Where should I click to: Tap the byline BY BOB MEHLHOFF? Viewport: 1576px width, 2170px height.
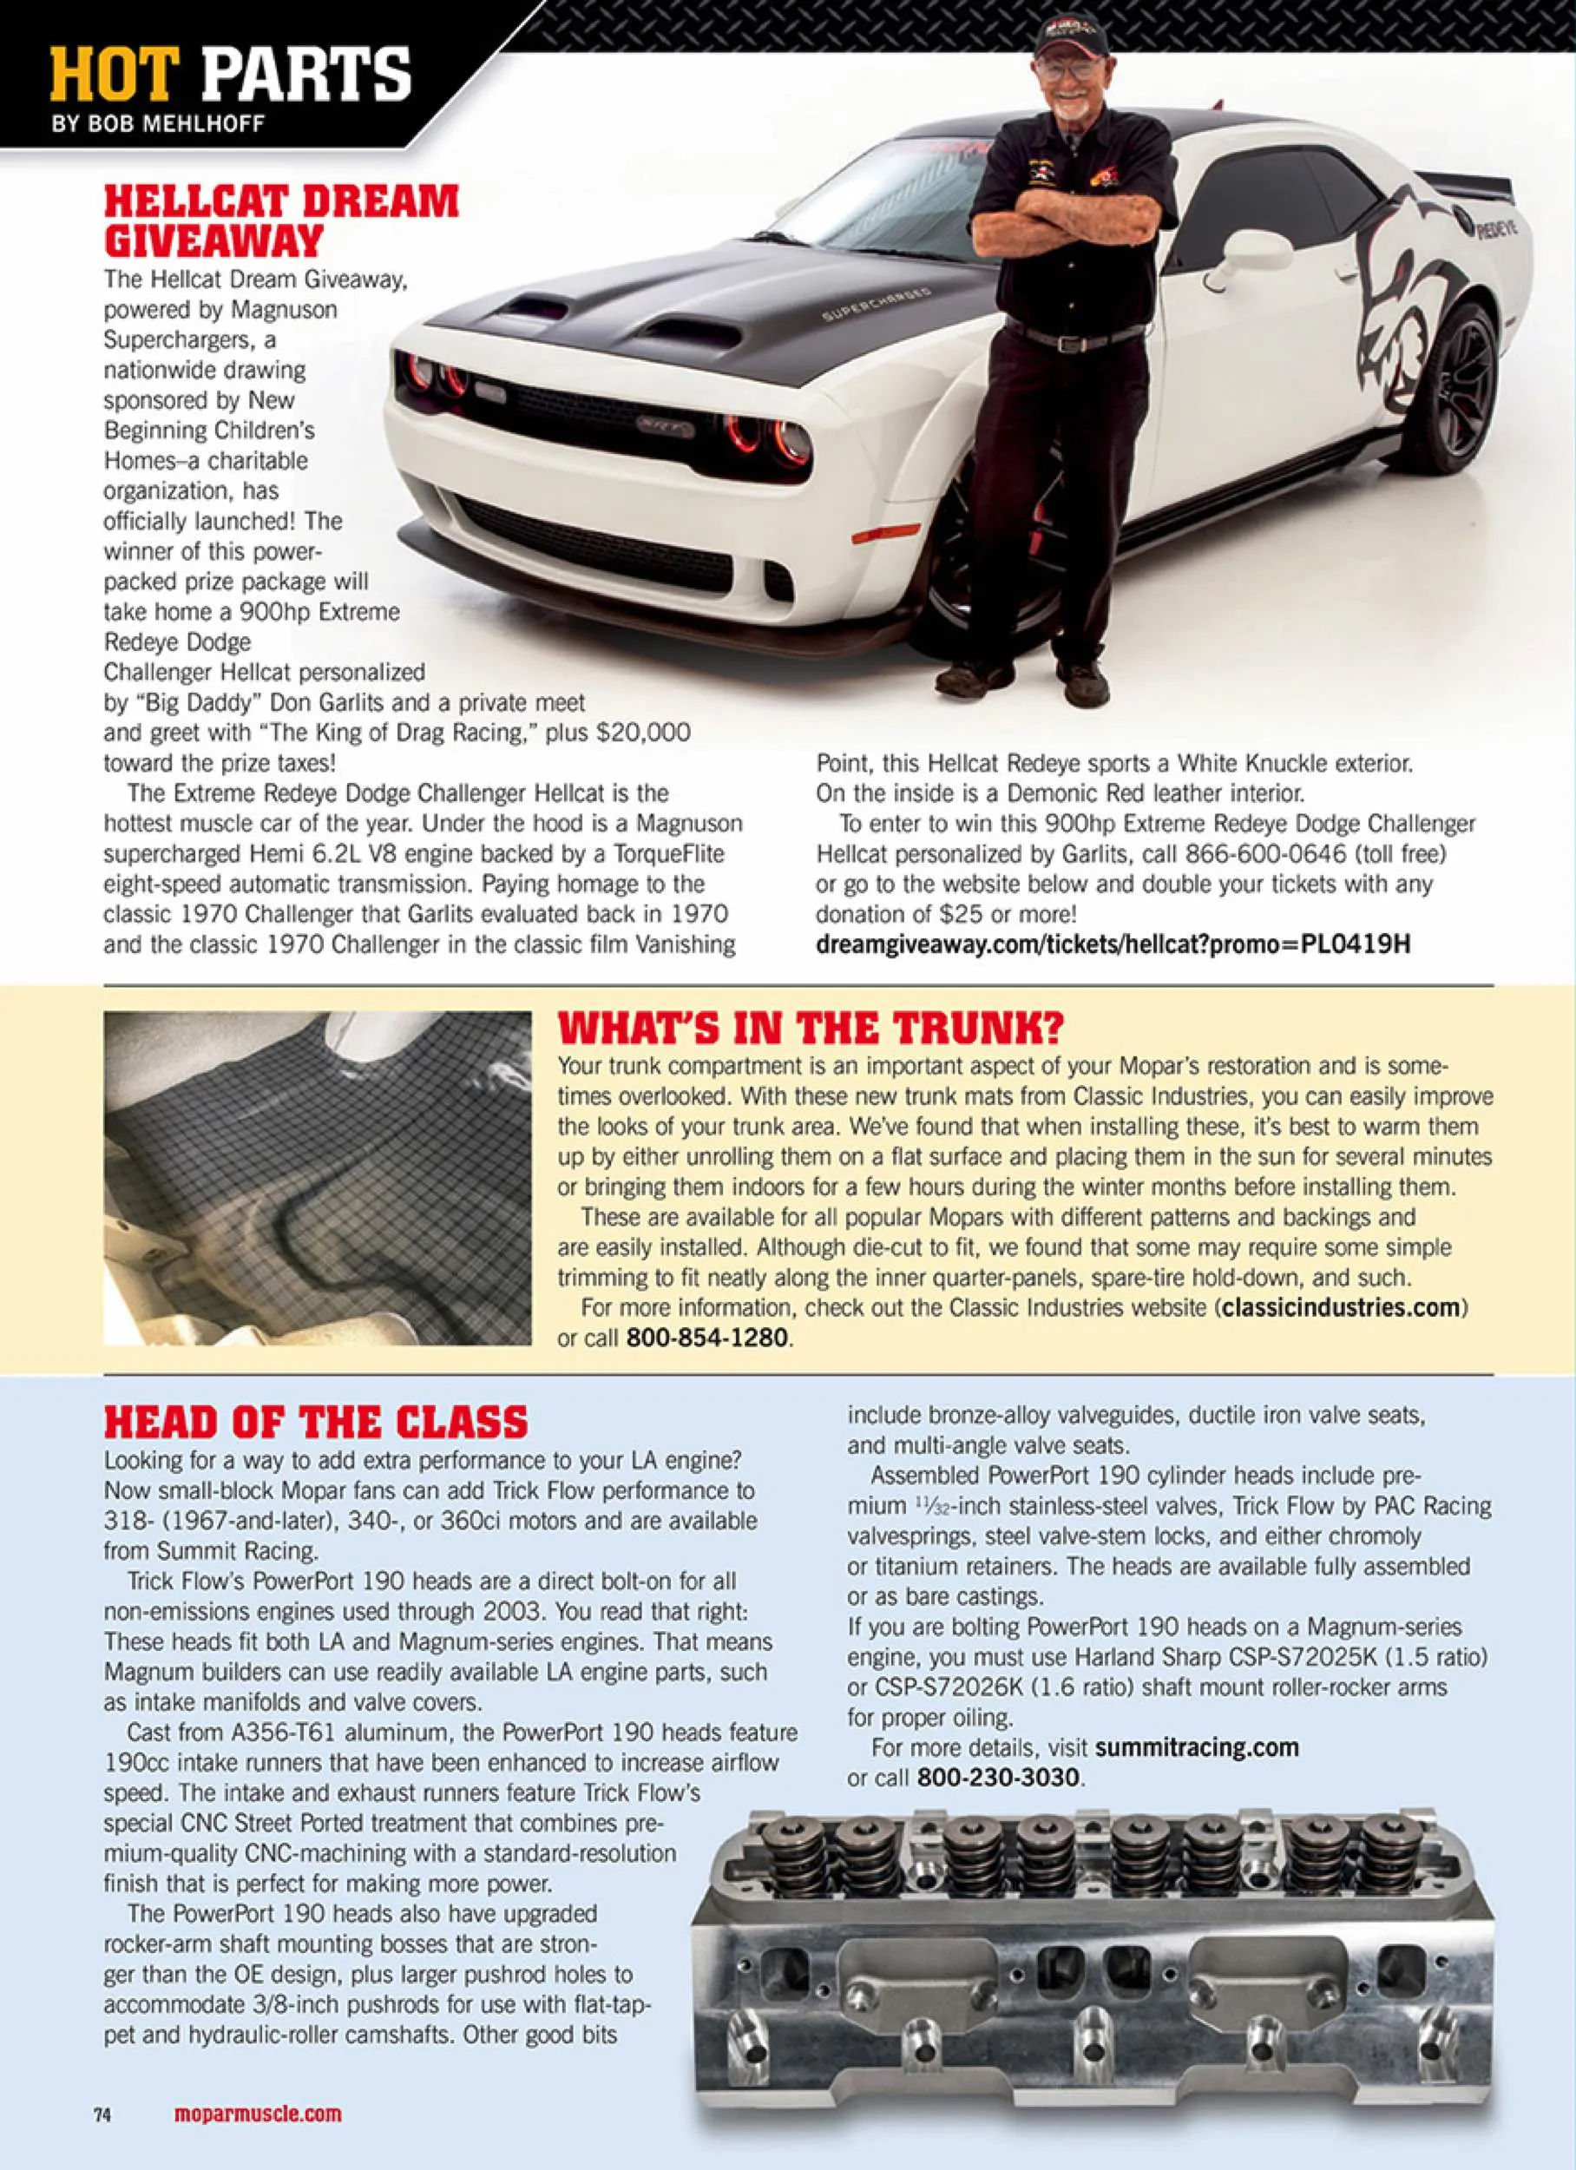pos(158,124)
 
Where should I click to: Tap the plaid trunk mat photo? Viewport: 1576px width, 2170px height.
pos(317,1178)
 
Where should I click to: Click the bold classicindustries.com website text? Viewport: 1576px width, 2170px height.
pos(1341,1307)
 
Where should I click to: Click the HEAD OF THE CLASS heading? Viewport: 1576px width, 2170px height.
pos(316,1422)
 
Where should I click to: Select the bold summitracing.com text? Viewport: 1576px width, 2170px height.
pos(1196,1748)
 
